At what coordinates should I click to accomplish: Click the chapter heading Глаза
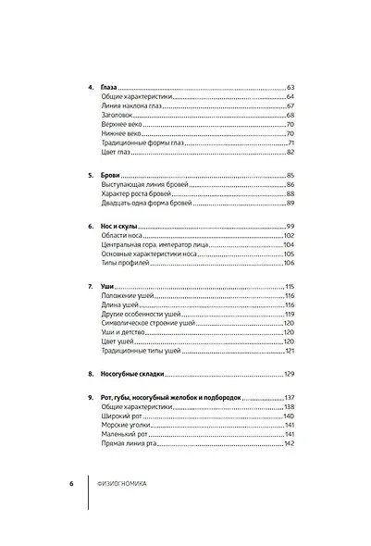(109, 86)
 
